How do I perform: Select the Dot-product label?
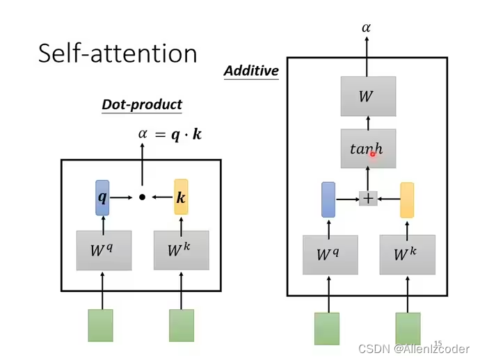[142, 104]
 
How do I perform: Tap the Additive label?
[251, 70]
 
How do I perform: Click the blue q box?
[103, 197]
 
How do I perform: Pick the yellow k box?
[181, 197]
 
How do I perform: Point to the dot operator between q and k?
[142, 197]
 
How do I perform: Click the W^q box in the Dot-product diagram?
[103, 250]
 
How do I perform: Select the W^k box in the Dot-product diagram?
[181, 250]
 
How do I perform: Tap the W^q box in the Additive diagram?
[330, 255]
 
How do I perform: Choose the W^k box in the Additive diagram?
[407, 255]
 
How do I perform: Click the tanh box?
[368, 148]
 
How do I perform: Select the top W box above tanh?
[368, 97]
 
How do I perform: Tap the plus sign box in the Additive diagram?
[368, 199]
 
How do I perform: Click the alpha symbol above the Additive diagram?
[367, 28]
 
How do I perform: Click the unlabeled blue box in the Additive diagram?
[328, 199]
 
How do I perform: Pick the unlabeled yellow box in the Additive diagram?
[407, 200]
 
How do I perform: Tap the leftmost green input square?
[100, 325]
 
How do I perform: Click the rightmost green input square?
[408, 329]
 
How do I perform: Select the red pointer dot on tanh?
[373, 154]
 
